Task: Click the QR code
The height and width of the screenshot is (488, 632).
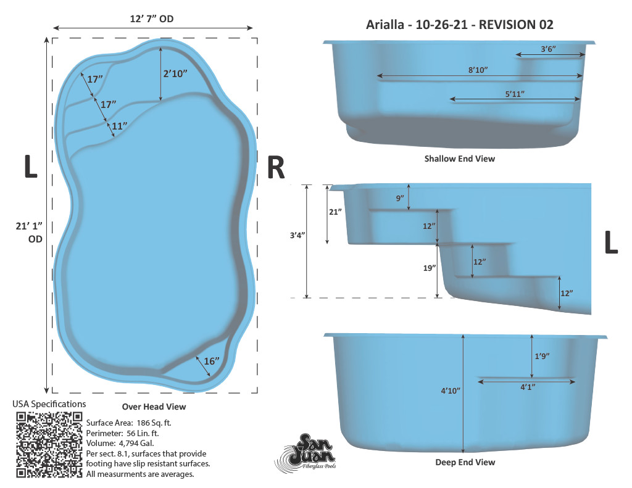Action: pos(49,445)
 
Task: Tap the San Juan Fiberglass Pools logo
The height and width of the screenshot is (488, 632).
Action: pos(306,452)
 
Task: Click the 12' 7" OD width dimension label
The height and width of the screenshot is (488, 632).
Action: pos(152,19)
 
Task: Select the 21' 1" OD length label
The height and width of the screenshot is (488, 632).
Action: pos(29,233)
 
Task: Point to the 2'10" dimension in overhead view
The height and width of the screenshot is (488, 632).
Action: pos(175,73)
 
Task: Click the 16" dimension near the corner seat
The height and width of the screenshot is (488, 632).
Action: pos(212,361)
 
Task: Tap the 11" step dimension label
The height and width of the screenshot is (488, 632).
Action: pos(120,126)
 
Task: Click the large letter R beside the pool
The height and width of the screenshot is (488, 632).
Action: pos(276,167)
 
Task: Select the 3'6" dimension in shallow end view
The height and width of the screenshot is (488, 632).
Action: pos(548,49)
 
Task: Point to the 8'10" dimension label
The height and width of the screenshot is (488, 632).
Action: pos(478,70)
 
